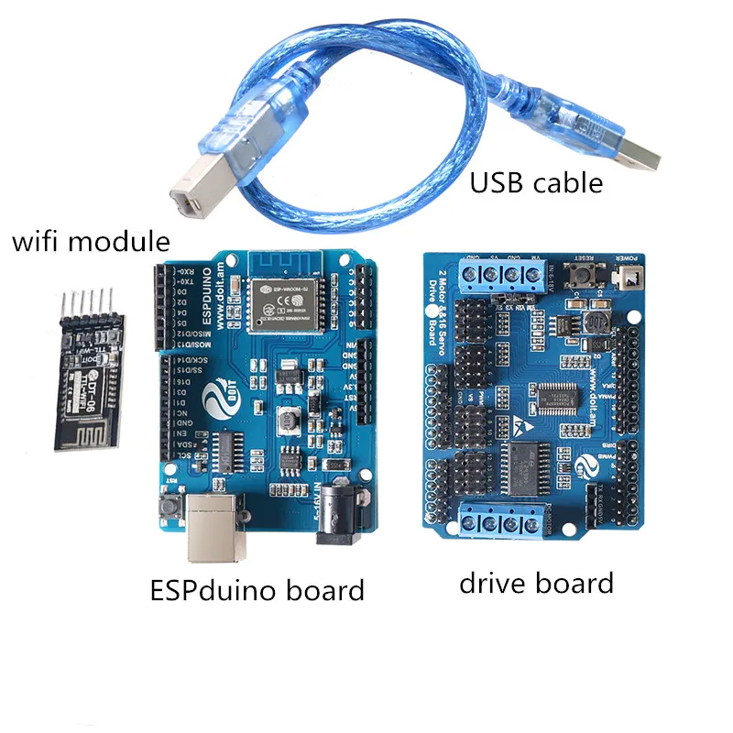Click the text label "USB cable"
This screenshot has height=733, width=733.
point(536,182)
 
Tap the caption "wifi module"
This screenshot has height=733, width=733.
point(90,242)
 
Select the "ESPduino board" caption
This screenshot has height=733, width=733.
point(257,589)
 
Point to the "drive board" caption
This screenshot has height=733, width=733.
point(536,582)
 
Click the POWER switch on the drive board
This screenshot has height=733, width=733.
point(629,276)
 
